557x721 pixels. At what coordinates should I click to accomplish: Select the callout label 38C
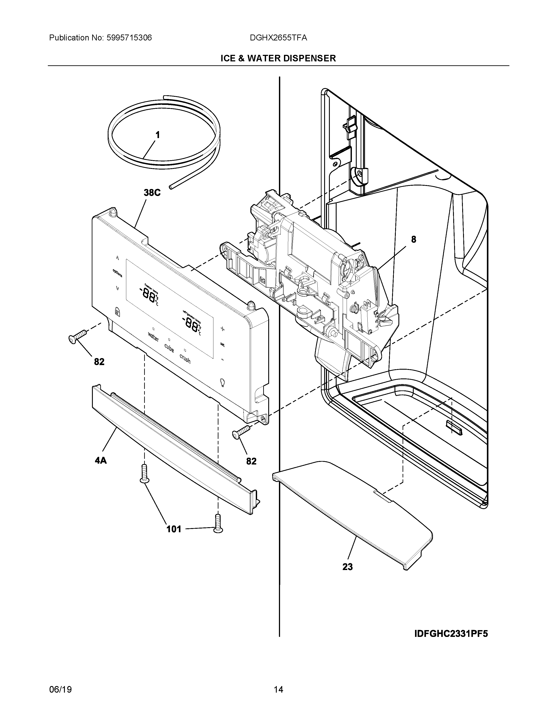(x=152, y=193)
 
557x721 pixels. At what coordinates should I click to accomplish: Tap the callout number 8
(x=413, y=239)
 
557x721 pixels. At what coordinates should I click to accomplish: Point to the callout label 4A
(x=101, y=460)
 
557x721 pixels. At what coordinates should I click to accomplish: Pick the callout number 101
(x=174, y=529)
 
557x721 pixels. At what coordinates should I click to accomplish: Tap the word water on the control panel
(x=153, y=337)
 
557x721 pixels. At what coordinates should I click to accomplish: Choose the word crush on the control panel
(x=185, y=358)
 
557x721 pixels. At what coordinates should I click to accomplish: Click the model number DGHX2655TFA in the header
(x=278, y=38)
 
